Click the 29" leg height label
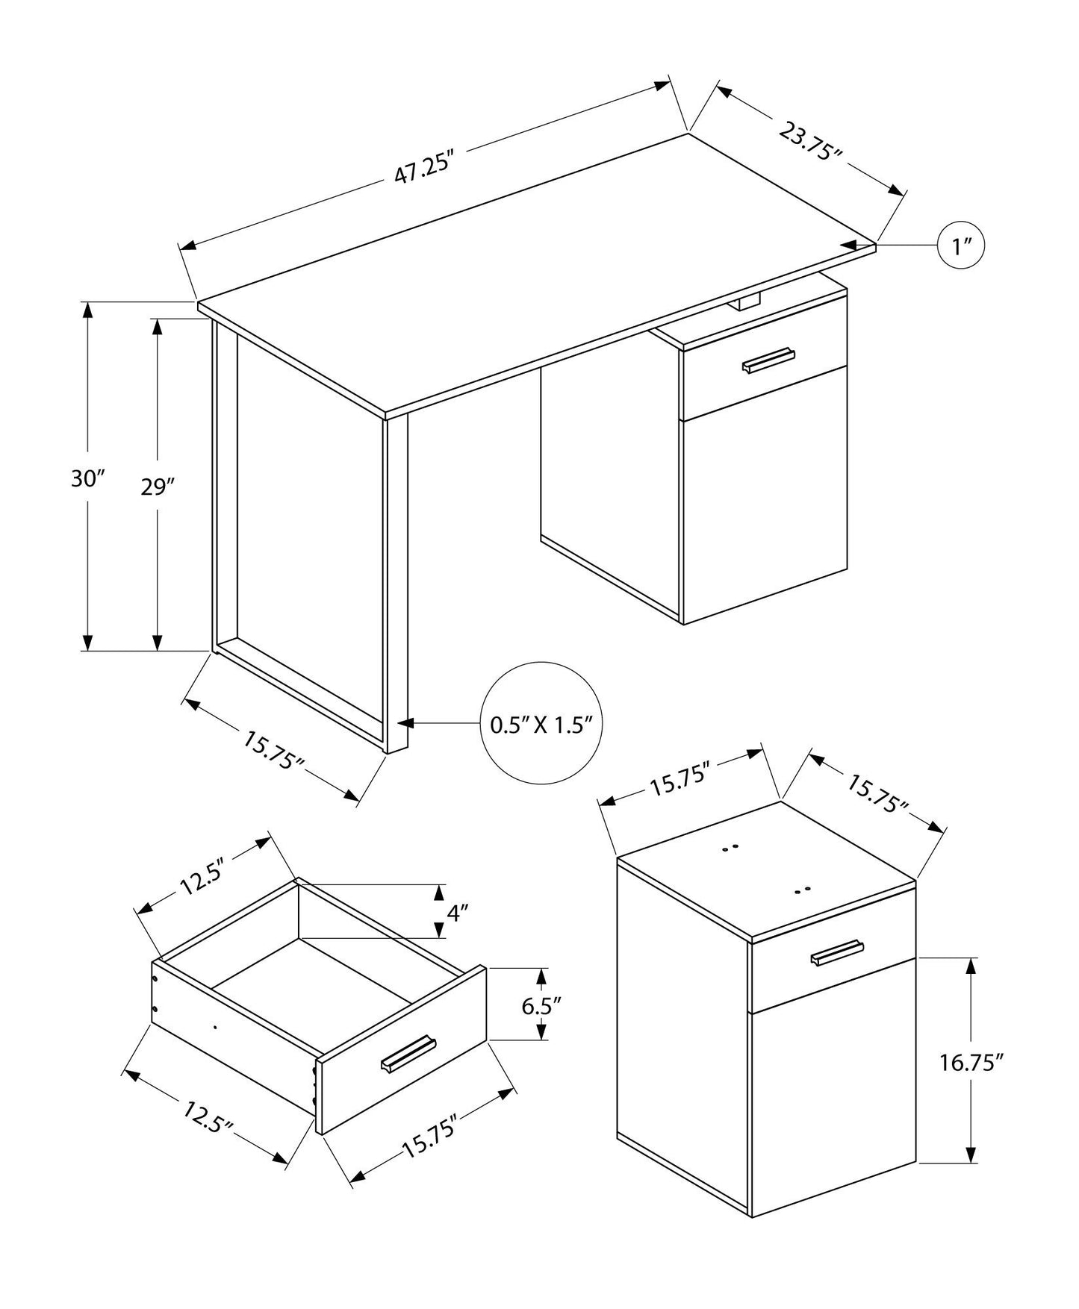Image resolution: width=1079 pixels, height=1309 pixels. tap(158, 487)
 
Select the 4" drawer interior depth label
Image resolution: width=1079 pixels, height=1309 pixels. tap(458, 911)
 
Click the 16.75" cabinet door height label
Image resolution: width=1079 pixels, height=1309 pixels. tap(970, 1063)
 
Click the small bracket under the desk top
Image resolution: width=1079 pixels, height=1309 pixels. tap(744, 302)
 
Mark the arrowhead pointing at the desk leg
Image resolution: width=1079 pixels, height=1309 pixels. tap(406, 722)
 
